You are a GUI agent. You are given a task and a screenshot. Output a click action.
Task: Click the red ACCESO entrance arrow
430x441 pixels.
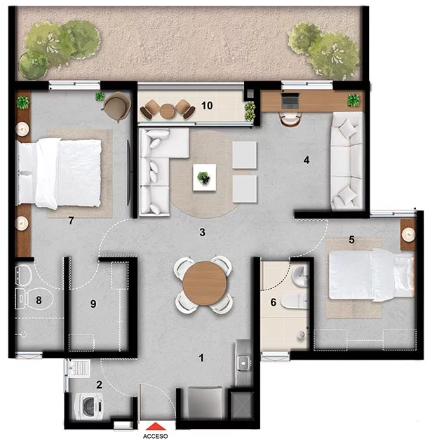[156, 426]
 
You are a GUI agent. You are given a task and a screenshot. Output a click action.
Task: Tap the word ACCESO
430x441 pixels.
[155, 436]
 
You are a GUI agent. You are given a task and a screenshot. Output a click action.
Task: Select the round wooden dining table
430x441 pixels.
[205, 283]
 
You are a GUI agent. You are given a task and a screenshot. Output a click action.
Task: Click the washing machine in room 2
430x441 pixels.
[89, 407]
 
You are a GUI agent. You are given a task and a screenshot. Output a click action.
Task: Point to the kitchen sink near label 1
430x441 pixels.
[243, 363]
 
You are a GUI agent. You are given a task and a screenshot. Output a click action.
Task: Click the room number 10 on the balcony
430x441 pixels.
[207, 105]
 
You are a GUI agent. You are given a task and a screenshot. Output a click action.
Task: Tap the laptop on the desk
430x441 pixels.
[290, 100]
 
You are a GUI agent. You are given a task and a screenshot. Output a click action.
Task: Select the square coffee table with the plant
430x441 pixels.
[204, 177]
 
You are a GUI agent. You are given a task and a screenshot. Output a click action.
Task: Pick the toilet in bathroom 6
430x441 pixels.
[294, 301]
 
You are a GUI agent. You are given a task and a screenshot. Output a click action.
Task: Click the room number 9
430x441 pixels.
[93, 304]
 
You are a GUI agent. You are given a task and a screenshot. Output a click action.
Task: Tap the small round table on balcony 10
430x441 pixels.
[167, 111]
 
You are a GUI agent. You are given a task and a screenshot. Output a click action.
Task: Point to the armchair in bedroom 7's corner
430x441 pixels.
[117, 106]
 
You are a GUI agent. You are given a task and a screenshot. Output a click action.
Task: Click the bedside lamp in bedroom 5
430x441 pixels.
[408, 234]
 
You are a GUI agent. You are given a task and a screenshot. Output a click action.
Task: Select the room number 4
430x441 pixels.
[307, 160]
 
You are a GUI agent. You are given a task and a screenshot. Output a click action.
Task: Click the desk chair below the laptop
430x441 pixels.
[290, 119]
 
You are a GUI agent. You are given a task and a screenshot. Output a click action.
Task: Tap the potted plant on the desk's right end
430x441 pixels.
[354, 100]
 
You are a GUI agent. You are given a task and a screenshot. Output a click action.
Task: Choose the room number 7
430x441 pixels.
[71, 220]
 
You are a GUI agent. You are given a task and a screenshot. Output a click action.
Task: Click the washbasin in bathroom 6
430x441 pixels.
[300, 276]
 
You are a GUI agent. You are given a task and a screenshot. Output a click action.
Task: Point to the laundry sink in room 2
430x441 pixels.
[79, 368]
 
